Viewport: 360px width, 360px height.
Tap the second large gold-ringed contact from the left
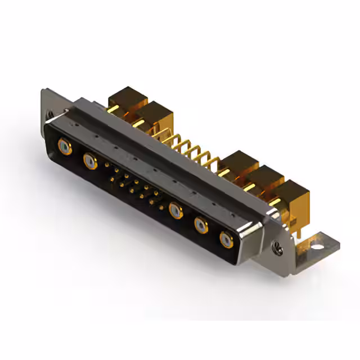click(89, 162)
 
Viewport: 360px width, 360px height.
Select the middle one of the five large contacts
click(176, 211)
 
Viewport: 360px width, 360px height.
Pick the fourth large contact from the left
click(201, 226)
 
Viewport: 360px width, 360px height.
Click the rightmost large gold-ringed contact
click(227, 240)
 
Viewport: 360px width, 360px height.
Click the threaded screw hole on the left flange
click(50, 115)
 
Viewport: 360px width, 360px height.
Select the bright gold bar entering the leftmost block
click(113, 110)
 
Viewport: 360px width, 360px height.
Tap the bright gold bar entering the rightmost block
click(278, 202)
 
